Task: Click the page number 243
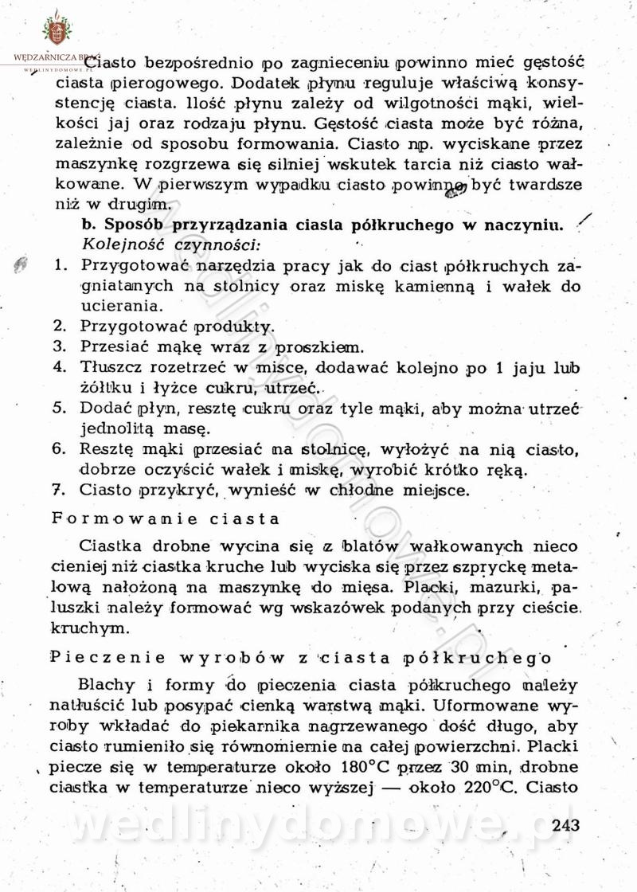565,824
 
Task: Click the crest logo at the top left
56,29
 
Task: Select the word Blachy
108,686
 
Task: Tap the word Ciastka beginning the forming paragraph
111,547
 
